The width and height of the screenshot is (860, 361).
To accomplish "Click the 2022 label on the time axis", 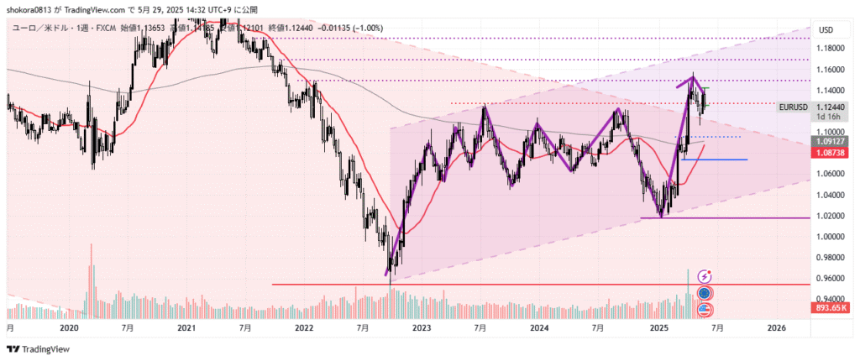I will coord(303,327).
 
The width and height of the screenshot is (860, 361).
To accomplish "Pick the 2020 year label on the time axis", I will coord(69,327).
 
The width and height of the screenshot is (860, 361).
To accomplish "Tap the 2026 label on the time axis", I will coord(777,327).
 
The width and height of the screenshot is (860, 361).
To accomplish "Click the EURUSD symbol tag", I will coord(794,107).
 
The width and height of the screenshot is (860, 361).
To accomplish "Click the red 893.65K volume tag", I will coord(835,307).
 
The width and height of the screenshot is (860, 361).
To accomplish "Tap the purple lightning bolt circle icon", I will coord(705,275).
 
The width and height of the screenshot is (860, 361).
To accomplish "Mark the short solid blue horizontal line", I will coord(714,160).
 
